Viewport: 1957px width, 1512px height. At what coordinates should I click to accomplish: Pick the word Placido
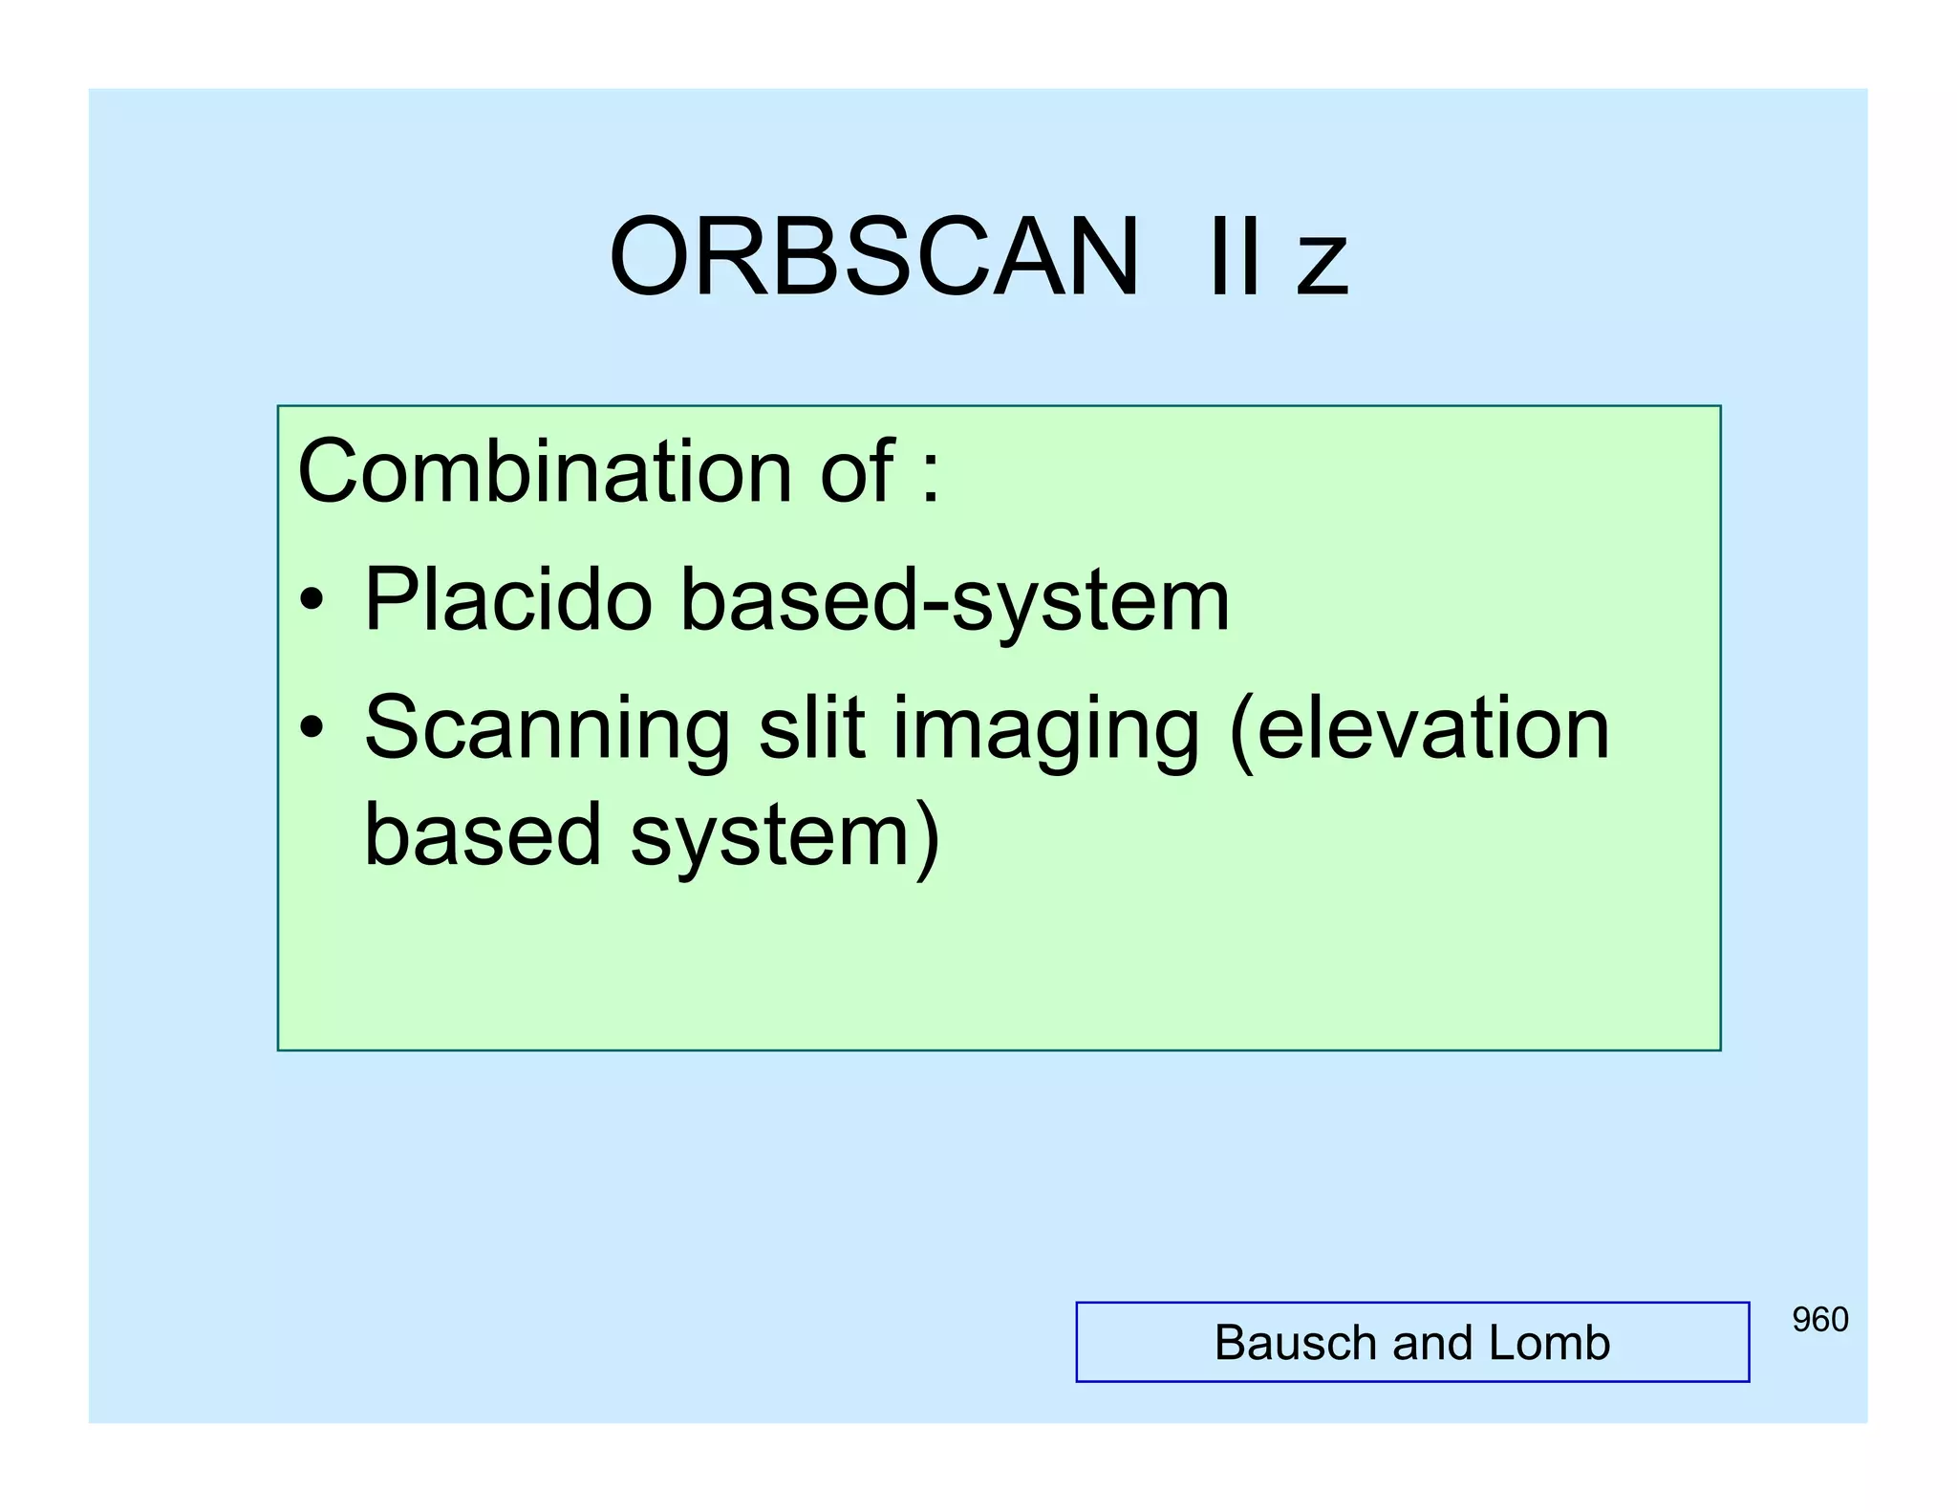507,599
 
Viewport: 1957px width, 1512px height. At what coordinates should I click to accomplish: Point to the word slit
811,728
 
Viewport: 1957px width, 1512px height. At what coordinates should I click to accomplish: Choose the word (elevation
1420,728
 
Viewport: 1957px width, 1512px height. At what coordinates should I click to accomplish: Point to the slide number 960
1819,1320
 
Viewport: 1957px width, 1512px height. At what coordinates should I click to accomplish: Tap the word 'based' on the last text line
483,834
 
